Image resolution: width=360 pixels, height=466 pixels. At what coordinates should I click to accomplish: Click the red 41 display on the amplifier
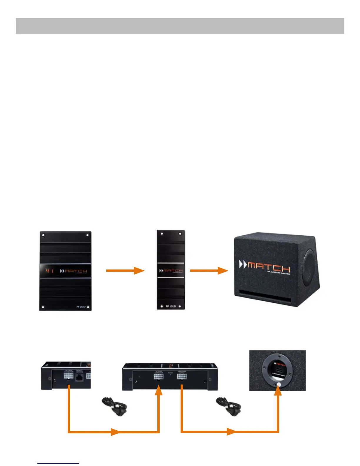pos(49,271)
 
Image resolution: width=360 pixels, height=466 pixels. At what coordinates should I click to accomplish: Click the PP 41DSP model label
pos(81,307)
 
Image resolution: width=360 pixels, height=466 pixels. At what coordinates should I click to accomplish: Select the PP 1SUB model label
pos(171,306)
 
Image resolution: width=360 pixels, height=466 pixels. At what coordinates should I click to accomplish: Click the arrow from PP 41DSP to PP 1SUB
pos(125,271)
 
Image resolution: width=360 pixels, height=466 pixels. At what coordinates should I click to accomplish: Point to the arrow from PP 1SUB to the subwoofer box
pos(209,271)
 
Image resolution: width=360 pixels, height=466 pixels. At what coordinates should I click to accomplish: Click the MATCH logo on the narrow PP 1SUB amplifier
pos(171,271)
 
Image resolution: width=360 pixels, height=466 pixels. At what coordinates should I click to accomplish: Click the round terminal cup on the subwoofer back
pos(278,370)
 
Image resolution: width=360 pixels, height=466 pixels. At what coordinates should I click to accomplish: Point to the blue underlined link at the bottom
pos(58,463)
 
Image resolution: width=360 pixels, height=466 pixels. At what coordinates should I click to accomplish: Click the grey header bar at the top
pos(180,26)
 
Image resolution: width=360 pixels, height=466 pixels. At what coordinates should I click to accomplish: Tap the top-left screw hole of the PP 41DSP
pos(43,235)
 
